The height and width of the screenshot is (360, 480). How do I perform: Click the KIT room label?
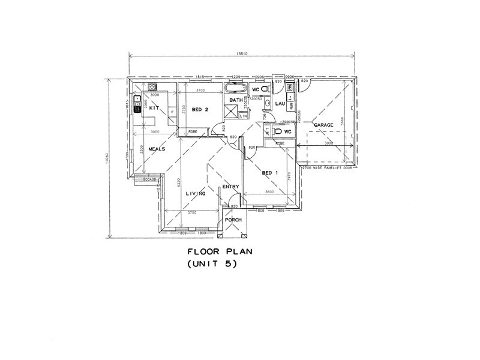154,107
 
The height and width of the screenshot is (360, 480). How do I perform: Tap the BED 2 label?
200,110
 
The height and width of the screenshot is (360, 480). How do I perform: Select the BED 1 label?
270,173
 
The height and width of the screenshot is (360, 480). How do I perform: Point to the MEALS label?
157,149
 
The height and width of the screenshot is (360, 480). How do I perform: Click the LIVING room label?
195,193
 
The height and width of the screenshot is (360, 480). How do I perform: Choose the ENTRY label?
230,187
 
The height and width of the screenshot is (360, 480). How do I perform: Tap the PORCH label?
233,220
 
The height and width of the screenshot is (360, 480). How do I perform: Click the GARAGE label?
323,125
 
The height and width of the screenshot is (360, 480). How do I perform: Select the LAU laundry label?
279,104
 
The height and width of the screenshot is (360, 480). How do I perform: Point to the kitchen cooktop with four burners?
137,101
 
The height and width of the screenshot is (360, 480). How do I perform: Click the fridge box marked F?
173,112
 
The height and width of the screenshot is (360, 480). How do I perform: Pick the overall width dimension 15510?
244,56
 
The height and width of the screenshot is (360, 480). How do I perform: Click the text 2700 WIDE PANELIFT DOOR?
329,168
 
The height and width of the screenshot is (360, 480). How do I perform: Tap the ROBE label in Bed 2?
194,131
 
